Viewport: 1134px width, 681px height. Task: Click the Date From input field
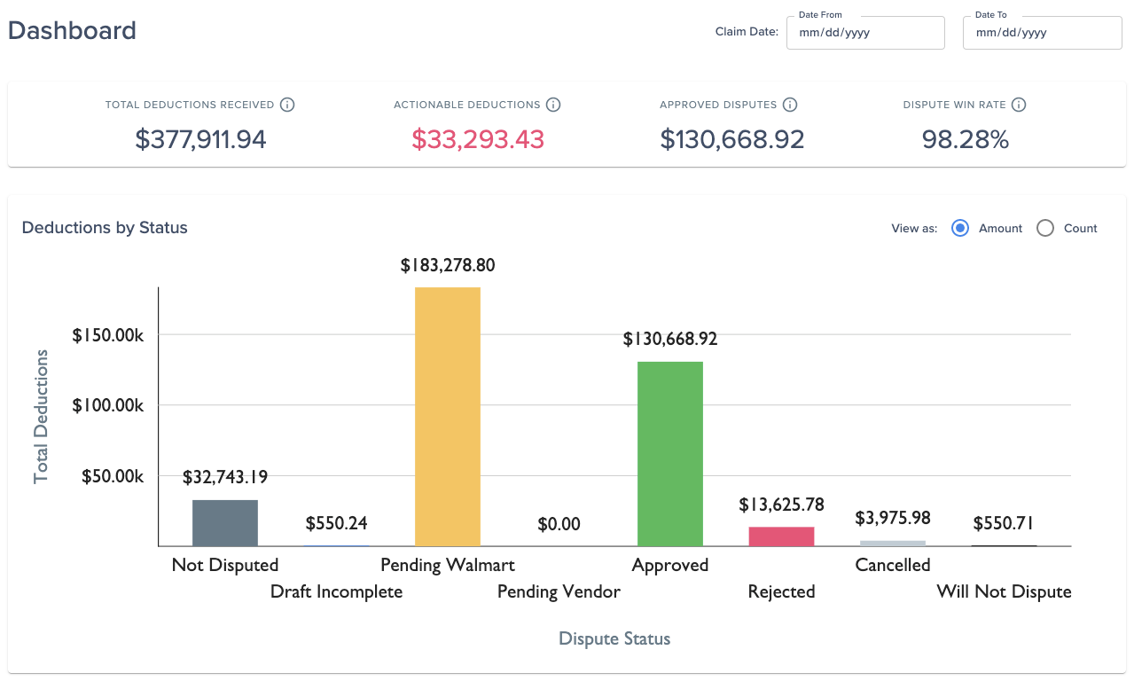(x=865, y=33)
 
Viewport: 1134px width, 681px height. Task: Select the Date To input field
(x=1042, y=33)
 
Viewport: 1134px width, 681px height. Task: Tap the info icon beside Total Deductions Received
(x=287, y=105)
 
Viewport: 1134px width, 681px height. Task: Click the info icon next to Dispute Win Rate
(x=1019, y=105)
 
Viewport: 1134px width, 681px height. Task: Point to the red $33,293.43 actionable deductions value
(x=478, y=139)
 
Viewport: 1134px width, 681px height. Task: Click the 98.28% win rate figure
(x=966, y=139)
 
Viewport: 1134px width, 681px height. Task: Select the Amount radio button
(x=960, y=229)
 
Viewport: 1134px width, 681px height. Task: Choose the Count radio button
(x=1045, y=229)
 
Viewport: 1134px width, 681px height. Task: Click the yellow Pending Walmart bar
(x=448, y=417)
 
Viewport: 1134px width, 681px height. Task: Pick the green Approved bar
(x=669, y=454)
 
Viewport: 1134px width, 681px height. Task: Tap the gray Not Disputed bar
(x=225, y=523)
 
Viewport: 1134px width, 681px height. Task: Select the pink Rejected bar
(x=781, y=536)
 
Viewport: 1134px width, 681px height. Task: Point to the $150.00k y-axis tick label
(x=108, y=335)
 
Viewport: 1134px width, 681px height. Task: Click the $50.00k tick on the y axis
(x=113, y=476)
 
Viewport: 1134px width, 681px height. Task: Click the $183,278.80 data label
(x=448, y=265)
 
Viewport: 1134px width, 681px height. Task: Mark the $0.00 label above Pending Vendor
(x=559, y=524)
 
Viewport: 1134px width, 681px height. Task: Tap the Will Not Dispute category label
(x=1004, y=591)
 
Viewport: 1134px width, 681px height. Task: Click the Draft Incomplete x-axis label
(x=336, y=592)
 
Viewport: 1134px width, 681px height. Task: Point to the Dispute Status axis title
(x=614, y=638)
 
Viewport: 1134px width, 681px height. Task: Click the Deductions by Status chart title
(x=105, y=228)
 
